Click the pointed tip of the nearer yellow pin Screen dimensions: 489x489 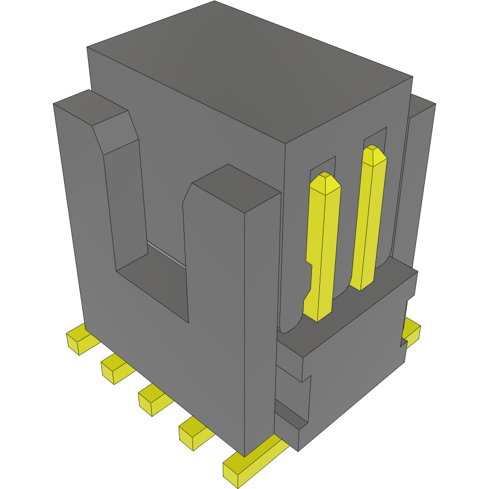coord(326,180)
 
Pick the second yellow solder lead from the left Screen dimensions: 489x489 coord(115,369)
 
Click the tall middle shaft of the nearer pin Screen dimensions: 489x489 coord(325,239)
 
